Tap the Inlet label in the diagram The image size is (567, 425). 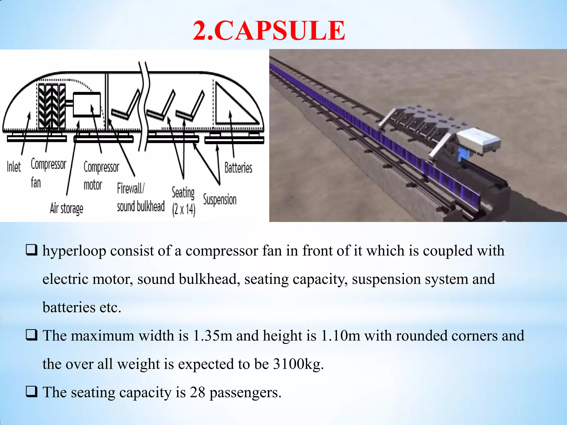point(14,167)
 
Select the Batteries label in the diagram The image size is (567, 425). point(238,168)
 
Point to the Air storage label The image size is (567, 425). point(66,208)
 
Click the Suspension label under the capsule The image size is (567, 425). point(220,199)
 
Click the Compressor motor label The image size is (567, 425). point(101,176)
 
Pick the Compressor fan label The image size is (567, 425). point(48,173)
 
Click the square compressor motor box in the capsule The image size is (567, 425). point(87,105)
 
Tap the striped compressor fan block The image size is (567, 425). point(51,106)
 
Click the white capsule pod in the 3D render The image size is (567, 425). point(478,141)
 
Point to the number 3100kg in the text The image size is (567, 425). point(296,364)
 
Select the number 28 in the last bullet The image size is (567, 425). point(197,392)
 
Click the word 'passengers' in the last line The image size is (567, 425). point(245,393)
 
